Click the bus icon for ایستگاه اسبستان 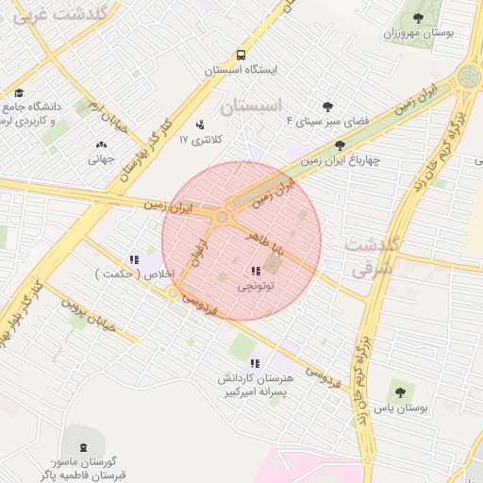point(241,56)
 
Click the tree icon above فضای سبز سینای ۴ point(327,107)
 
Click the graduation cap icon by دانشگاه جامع point(19,92)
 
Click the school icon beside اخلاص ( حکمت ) point(134,259)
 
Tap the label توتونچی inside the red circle point(255,283)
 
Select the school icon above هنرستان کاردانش point(254,363)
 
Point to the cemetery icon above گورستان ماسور point(89,446)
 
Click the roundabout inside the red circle point(222,217)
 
